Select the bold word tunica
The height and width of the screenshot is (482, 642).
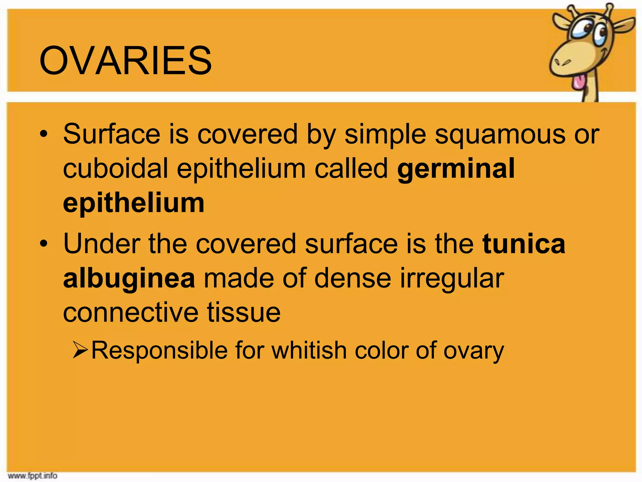pos(524,244)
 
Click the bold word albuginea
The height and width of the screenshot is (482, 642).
pos(129,279)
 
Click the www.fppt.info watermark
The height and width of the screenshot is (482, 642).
pos(33,476)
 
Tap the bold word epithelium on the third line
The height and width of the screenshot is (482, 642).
pos(134,203)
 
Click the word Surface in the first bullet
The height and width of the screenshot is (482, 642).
pos(112,134)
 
